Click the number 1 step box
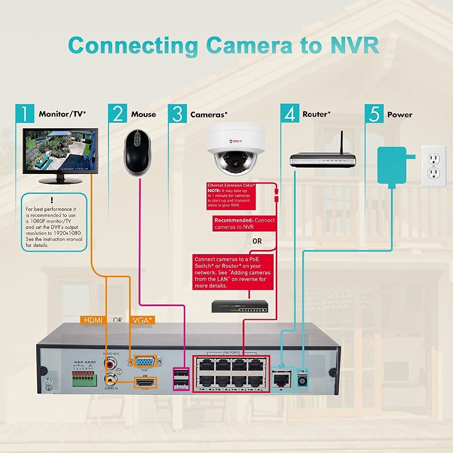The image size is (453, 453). [x=24, y=114]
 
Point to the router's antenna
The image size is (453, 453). [x=342, y=142]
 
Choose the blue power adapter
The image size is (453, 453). [x=392, y=165]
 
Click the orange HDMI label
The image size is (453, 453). [x=92, y=320]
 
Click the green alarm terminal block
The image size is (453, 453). [x=85, y=376]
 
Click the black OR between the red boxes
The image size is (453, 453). [x=257, y=241]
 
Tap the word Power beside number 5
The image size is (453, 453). [x=400, y=115]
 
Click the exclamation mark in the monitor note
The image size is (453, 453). [x=53, y=200]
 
